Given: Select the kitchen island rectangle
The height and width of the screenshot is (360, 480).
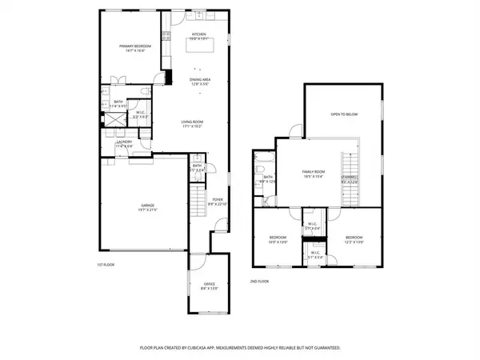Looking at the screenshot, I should [200, 46].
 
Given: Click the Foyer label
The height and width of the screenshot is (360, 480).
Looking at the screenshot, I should [217, 200].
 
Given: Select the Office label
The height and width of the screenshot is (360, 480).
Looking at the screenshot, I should [209, 285].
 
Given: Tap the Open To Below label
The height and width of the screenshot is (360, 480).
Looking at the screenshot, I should [344, 114].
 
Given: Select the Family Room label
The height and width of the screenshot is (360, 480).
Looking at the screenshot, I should [313, 173].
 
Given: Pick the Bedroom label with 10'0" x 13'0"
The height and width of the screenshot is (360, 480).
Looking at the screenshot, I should [278, 238].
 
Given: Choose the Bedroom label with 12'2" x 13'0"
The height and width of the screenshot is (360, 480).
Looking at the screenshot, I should [354, 238].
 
